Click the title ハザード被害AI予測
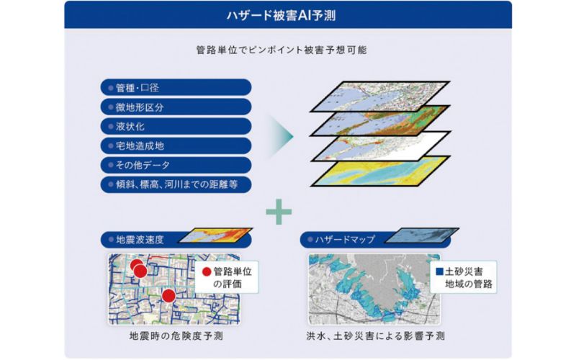coord(281,15)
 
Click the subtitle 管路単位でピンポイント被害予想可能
coord(281,50)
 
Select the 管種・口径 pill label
coord(176,88)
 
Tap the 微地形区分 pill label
coord(176,107)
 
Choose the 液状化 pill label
coord(176,127)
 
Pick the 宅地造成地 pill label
coord(176,146)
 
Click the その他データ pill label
coord(176,165)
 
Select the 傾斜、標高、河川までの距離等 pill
coord(176,184)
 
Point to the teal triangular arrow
coord(282,137)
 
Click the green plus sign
coord(279,212)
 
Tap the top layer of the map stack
coord(380,96)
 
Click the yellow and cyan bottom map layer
coord(380,171)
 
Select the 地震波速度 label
coord(140,240)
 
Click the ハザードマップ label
coord(345,240)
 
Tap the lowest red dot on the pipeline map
coord(168,296)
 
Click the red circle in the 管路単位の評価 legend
coord(207,272)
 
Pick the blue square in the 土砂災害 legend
coord(439,271)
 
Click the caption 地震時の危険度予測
coord(176,336)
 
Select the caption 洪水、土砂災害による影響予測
coord(375,336)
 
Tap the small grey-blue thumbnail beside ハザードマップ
coord(422,235)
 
